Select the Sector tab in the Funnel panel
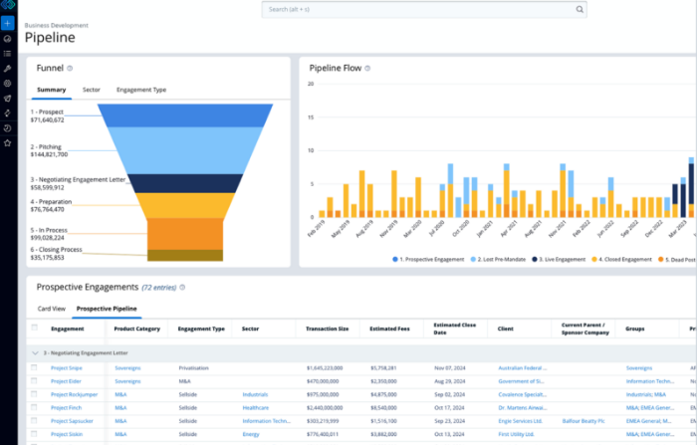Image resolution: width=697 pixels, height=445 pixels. (92, 90)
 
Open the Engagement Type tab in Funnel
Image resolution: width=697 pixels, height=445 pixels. (141, 90)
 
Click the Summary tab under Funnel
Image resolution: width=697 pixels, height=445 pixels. (52, 90)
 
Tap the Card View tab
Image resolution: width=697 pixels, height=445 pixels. (52, 309)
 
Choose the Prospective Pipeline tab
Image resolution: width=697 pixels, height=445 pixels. (107, 309)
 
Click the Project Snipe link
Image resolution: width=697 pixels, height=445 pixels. (67, 367)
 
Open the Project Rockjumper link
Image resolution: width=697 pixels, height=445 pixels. (74, 394)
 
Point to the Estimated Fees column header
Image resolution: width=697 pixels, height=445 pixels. (389, 328)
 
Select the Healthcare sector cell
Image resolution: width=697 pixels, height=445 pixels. (256, 407)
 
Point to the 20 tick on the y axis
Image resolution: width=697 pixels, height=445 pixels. (311, 84)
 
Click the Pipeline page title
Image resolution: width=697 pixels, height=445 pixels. (50, 38)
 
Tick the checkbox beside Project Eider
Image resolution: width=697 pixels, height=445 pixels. (35, 380)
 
